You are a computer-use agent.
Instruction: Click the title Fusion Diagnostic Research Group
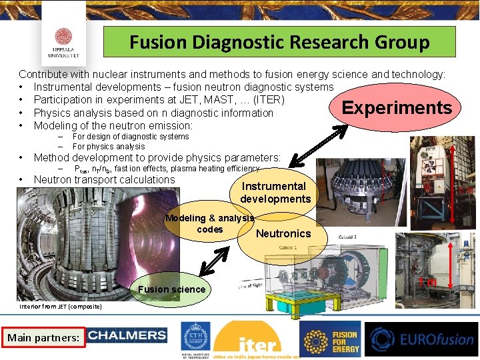(279, 43)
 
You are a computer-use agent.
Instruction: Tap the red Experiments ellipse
(396, 108)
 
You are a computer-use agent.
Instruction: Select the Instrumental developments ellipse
(275, 193)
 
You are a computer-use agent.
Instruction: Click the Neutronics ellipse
(283, 234)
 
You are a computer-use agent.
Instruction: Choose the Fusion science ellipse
(171, 289)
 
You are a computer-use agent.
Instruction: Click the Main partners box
(43, 338)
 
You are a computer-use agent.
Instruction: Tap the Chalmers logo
(127, 336)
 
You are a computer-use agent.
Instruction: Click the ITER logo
(257, 340)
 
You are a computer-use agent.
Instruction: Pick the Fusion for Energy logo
(331, 339)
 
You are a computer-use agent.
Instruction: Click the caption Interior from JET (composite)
(61, 307)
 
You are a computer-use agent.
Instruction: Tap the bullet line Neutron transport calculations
(104, 179)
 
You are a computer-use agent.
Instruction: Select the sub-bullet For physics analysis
(109, 147)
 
